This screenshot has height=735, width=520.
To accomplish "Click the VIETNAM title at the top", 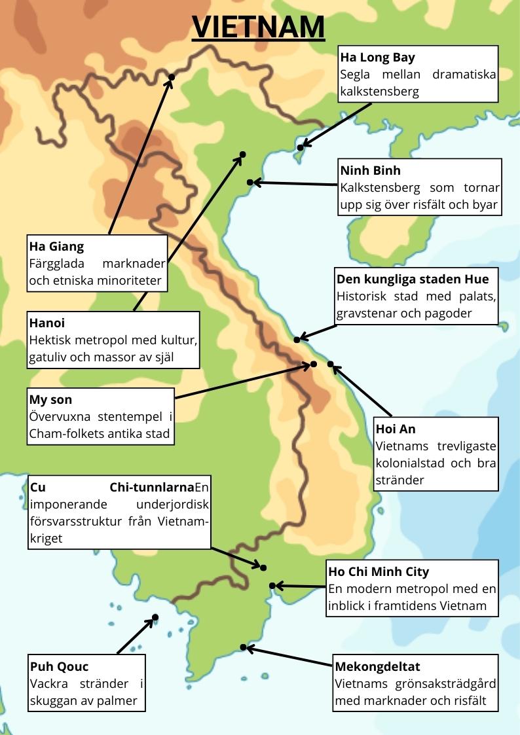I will coord(259,27).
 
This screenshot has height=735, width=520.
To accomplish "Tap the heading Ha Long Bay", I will coord(377,58).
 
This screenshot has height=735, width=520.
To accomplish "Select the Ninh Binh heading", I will coord(370,171).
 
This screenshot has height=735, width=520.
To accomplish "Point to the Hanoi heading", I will coord(47,323).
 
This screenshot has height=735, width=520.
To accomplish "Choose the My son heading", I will coord(50,399).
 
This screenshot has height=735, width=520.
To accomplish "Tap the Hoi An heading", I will coord(396,429).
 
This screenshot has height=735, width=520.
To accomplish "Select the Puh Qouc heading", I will coord(59,666).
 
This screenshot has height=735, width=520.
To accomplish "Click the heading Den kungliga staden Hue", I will coord(412,279).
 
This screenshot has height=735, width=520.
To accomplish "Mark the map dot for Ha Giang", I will coord(172,77).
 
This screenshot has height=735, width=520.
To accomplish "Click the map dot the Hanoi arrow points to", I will coord(242,154).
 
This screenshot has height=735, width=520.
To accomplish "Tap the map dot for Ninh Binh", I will coord(250,182).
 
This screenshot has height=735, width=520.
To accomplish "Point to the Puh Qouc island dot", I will coord(155,617).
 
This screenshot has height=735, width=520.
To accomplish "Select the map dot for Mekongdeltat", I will coord(243,647).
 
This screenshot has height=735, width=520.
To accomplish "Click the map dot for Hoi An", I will coord(330,364).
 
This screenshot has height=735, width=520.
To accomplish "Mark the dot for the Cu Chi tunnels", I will coord(264,567).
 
